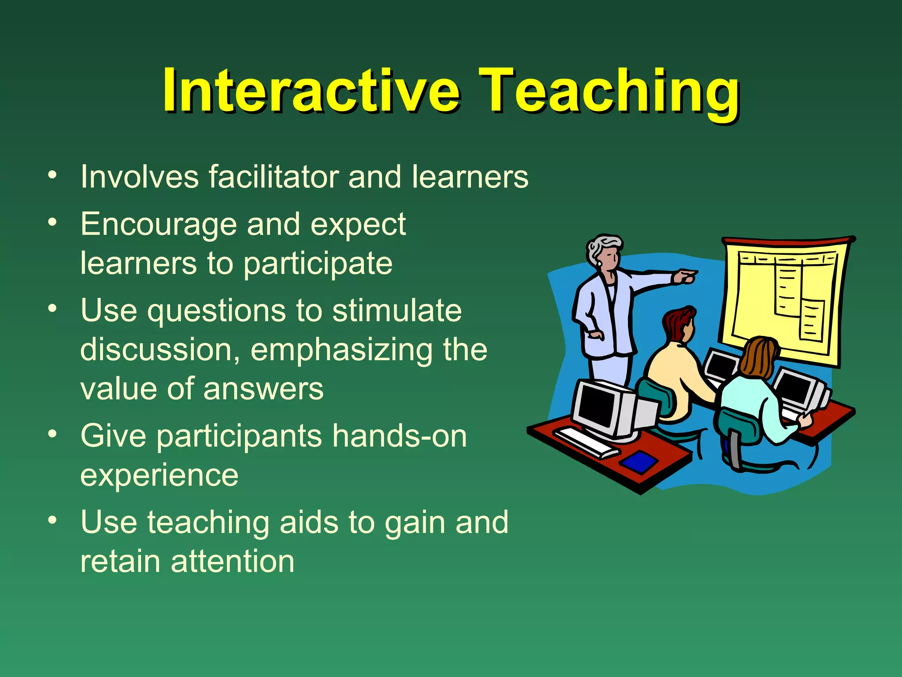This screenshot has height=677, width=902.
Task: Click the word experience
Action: point(159,475)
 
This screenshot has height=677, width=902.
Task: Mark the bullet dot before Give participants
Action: point(52,434)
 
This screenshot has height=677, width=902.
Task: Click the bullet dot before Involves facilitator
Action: point(52,175)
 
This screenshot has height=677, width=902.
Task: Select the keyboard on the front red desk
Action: point(586,442)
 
